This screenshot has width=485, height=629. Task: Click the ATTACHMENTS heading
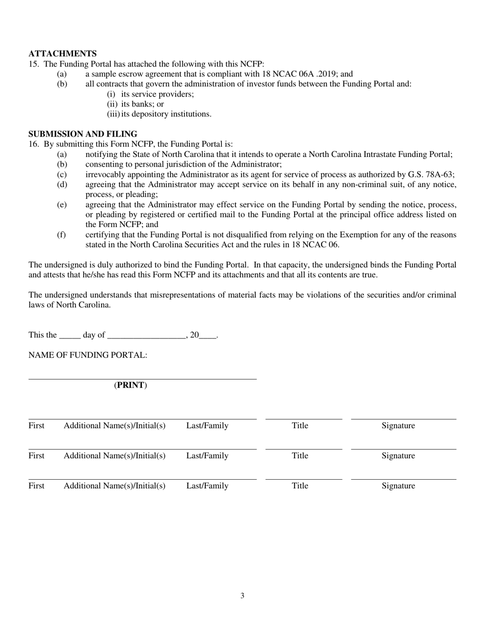click(x=62, y=54)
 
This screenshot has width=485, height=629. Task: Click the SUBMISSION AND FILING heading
click(x=83, y=134)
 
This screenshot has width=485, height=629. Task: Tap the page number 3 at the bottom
click(x=242, y=595)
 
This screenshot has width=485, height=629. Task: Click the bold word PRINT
click(x=131, y=385)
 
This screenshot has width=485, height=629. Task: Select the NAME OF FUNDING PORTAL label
click(x=88, y=355)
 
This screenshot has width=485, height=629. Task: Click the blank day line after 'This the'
click(x=69, y=336)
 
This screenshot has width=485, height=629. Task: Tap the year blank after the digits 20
click(x=207, y=336)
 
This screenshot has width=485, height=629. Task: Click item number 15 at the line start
click(x=34, y=64)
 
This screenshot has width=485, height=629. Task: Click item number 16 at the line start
click(x=34, y=144)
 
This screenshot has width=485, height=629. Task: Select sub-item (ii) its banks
click(x=135, y=104)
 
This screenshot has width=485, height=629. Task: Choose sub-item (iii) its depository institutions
click(x=159, y=114)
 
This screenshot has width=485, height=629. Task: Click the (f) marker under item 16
click(x=61, y=235)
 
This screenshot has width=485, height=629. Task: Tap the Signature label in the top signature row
click(x=398, y=425)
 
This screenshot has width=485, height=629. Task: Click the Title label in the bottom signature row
click(x=300, y=486)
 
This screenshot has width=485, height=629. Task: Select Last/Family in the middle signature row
click(x=207, y=456)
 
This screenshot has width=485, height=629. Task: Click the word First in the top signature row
click(x=36, y=425)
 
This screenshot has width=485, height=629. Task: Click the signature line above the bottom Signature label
click(x=403, y=479)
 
